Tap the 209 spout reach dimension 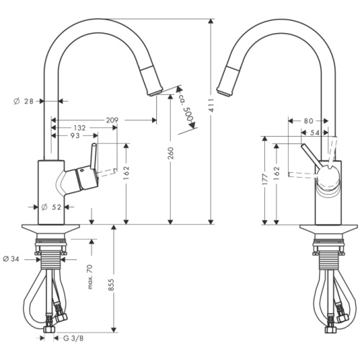112,120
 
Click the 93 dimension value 75,135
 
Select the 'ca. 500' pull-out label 189,107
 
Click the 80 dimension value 308,120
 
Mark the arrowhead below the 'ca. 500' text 194,128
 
